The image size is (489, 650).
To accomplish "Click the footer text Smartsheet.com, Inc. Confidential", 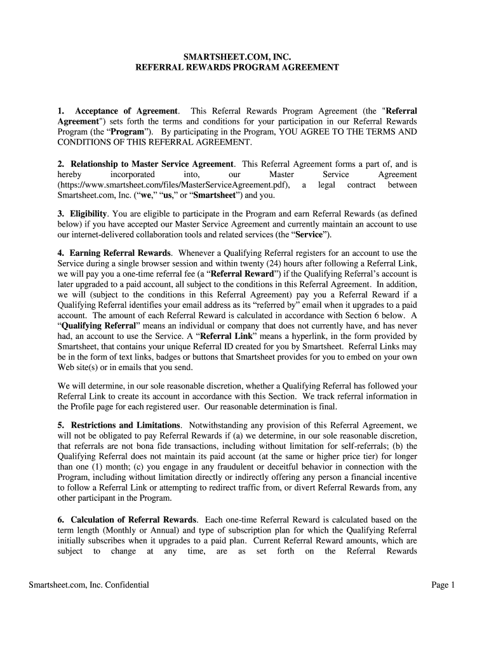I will pyautogui.click(x=89, y=585).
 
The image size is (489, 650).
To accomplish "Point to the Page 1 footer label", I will pyautogui.click(x=443, y=585).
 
